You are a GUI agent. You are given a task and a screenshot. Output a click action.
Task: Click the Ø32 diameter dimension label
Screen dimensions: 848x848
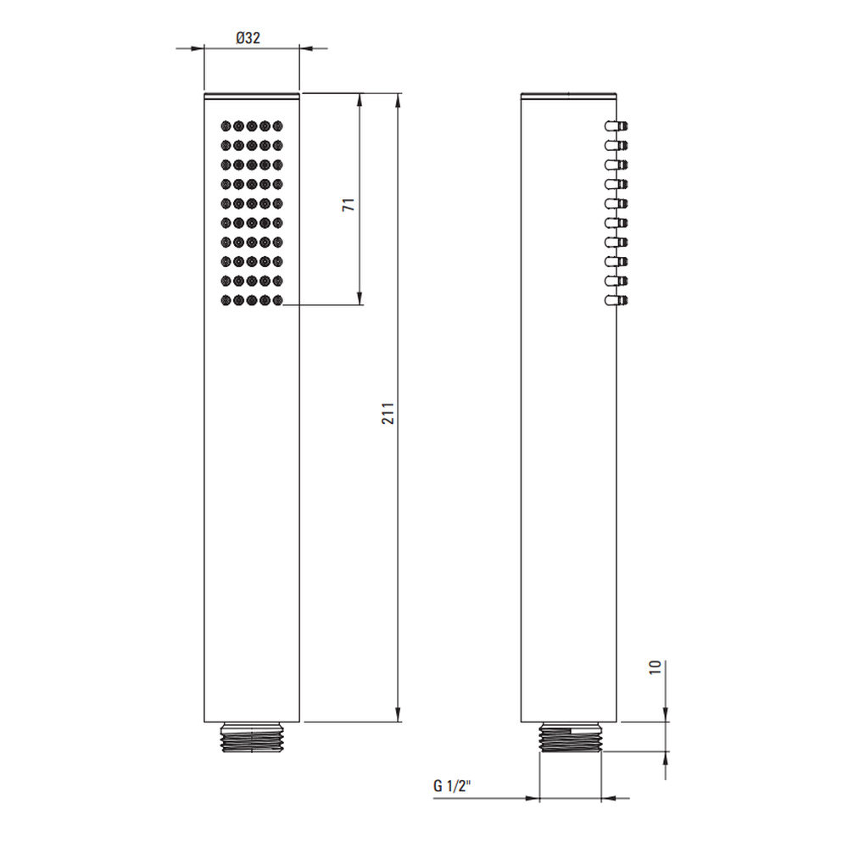pyautogui.click(x=248, y=38)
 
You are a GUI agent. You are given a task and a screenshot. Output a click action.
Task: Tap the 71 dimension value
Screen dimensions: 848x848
pyautogui.click(x=349, y=204)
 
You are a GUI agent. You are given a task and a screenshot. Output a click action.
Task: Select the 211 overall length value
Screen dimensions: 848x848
pyautogui.click(x=388, y=413)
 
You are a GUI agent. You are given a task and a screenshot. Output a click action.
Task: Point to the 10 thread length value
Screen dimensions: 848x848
pyautogui.click(x=656, y=667)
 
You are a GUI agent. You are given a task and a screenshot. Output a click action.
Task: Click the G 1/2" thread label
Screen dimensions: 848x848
pyautogui.click(x=452, y=785)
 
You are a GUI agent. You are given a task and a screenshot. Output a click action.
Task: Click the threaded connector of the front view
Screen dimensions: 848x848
pyautogui.click(x=252, y=737)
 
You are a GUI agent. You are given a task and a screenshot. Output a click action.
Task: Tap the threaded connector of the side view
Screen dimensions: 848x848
pyautogui.click(x=570, y=737)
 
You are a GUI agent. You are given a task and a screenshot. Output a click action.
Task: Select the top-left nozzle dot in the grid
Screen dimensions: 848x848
pyautogui.click(x=226, y=126)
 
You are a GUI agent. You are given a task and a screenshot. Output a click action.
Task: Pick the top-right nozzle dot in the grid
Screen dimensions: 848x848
pyautogui.click(x=278, y=126)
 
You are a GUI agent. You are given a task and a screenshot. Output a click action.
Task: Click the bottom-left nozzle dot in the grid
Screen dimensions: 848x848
pyautogui.click(x=226, y=300)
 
